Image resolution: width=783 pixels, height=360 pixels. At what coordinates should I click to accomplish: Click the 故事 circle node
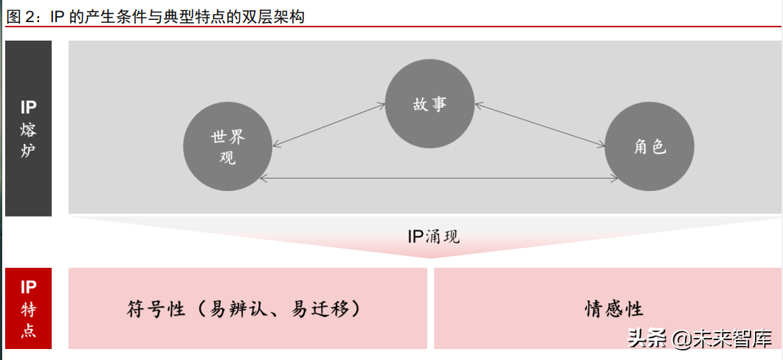tap(430, 103)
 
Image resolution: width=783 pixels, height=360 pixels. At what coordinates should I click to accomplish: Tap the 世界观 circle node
tap(227, 145)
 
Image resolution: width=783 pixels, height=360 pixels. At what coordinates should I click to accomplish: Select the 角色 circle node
tap(649, 145)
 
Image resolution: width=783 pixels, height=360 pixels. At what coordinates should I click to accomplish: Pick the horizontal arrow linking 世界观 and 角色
tap(439, 179)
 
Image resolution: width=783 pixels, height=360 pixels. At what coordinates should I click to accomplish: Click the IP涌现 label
tap(433, 237)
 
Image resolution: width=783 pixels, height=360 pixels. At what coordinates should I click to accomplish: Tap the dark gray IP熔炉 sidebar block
tap(28, 128)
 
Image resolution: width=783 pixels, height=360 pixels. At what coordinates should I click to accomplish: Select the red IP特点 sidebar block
tap(28, 308)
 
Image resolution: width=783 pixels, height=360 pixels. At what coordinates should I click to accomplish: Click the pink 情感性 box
tap(607, 308)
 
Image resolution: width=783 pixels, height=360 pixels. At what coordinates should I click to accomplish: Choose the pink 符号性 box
tap(247, 308)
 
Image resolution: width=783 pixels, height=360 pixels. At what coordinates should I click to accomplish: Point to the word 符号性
tap(154, 308)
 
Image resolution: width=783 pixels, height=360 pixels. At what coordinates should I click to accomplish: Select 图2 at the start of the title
tap(22, 16)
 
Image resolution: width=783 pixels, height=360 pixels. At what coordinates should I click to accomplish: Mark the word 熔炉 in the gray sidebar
tap(28, 142)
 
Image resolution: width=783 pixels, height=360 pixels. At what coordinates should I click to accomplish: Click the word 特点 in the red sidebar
tap(28, 321)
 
